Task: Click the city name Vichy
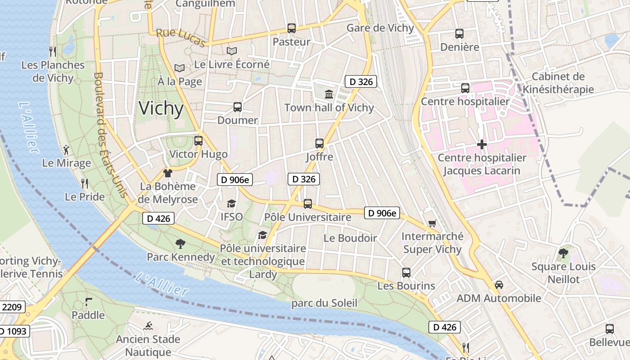tap(161, 109)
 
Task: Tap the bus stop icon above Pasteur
tap(292, 28)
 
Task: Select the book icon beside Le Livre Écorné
tap(232, 51)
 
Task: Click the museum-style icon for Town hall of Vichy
tap(329, 94)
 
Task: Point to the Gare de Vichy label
tap(380, 28)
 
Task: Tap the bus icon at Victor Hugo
tap(198, 141)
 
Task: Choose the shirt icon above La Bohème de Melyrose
tap(168, 173)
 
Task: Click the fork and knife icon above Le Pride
tap(84, 183)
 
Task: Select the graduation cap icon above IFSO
tap(231, 204)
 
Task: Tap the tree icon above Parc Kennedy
tap(180, 244)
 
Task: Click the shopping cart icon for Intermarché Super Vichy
tap(432, 223)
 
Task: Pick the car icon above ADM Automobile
tap(499, 285)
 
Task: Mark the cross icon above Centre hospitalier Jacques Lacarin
tap(482, 144)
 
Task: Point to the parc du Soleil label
tap(324, 303)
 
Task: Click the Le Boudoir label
tap(350, 238)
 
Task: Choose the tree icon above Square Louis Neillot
tap(563, 253)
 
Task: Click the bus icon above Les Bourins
tap(406, 273)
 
